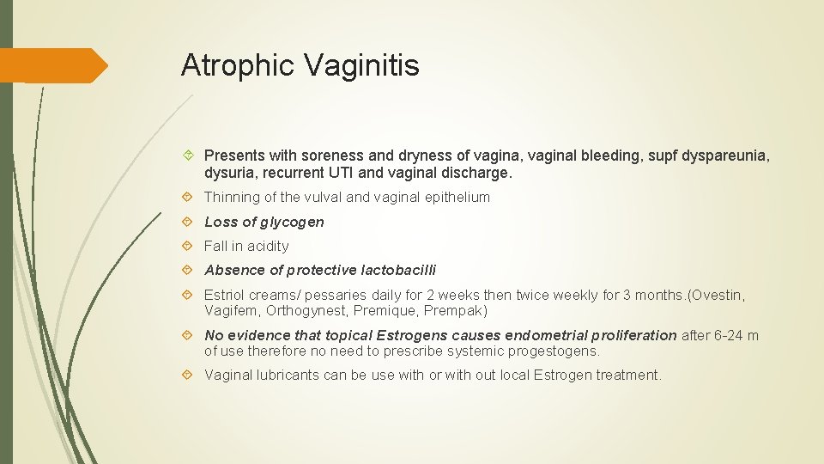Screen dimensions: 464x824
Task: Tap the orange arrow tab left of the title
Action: [53, 65]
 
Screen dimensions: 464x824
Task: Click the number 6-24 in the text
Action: [731, 335]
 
